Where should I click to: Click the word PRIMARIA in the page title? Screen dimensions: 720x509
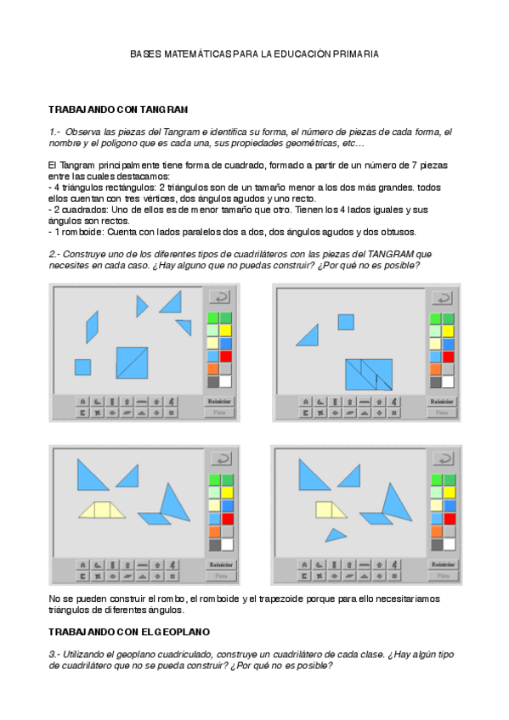coord(353,53)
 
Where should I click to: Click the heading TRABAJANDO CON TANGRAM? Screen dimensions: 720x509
coord(118,110)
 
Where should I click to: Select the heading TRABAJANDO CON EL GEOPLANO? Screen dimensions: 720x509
coord(129,633)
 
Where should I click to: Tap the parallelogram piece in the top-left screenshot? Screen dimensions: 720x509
coord(92,327)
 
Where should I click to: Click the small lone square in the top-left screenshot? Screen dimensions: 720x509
coord(82,367)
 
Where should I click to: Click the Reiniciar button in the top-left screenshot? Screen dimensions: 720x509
coord(220,401)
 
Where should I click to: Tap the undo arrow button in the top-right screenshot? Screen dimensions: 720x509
coord(442,298)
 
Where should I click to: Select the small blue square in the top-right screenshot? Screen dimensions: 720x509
coord(345,322)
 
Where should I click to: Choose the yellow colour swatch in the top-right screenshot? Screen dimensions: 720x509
coord(449,330)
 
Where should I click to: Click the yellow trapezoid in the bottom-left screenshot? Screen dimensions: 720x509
coord(102,509)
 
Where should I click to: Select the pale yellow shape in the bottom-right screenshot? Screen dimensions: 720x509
coord(325,509)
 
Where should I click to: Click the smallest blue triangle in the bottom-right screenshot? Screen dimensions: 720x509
coord(337,535)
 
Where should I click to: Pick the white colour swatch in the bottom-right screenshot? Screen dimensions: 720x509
coord(449,544)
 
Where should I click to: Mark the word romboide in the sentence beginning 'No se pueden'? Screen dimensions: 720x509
coord(192,599)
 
